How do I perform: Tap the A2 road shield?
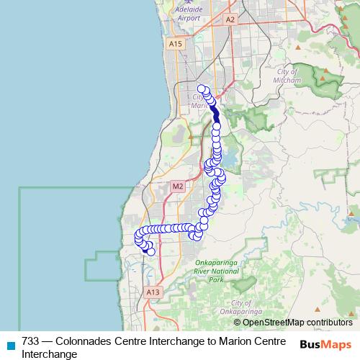[230, 19]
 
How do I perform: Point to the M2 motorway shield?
[179, 186]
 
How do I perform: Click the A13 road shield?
[152, 292]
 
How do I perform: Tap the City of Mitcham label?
[292, 77]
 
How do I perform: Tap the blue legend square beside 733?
[10, 345]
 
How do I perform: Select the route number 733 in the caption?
[31, 341]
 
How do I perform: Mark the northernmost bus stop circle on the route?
[202, 89]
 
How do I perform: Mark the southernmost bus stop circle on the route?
[150, 251]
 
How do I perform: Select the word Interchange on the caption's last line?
[49, 354]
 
